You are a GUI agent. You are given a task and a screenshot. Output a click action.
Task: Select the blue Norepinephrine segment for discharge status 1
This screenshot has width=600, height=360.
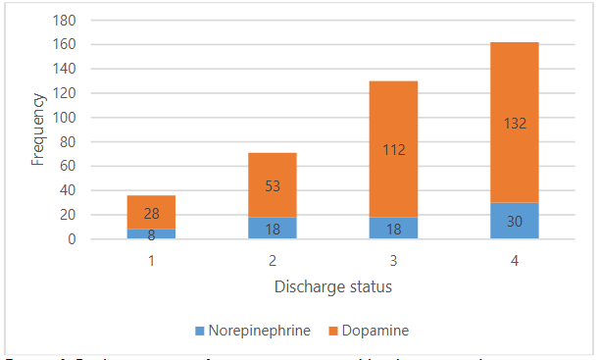(151, 234)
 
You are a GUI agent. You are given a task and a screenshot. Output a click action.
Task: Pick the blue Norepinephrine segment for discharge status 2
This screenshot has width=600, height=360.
(272, 228)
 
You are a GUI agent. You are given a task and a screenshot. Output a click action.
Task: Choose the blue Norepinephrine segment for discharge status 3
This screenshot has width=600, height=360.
(393, 228)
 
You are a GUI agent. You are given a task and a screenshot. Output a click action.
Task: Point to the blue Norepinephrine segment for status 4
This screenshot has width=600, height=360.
(515, 221)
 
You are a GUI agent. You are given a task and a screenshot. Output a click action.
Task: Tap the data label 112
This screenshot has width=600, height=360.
(393, 149)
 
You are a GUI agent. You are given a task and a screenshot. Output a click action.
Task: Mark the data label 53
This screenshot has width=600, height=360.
(272, 185)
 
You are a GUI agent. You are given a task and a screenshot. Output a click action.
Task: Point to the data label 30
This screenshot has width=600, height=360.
(515, 222)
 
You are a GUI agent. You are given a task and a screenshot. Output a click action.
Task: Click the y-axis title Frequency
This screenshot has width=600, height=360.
(37, 129)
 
